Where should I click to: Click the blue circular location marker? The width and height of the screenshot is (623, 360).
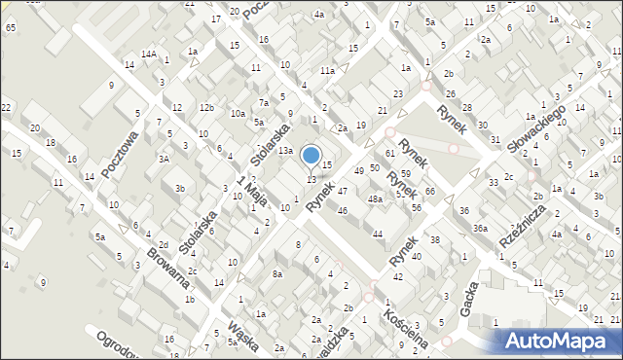(x=311, y=155)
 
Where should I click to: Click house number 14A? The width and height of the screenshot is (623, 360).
(x=149, y=54)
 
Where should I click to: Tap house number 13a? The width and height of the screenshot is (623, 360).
(x=284, y=151)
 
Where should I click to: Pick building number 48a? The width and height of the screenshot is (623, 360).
(x=375, y=198)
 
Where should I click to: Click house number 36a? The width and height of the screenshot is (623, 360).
(x=480, y=228)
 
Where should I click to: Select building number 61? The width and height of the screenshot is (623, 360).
(x=389, y=154)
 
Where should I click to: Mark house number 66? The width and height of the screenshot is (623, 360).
(x=429, y=191)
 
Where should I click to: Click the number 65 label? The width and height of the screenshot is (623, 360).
(x=10, y=28)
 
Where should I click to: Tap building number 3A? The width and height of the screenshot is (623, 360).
(x=165, y=158)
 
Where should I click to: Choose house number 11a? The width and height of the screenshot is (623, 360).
(x=328, y=70)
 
